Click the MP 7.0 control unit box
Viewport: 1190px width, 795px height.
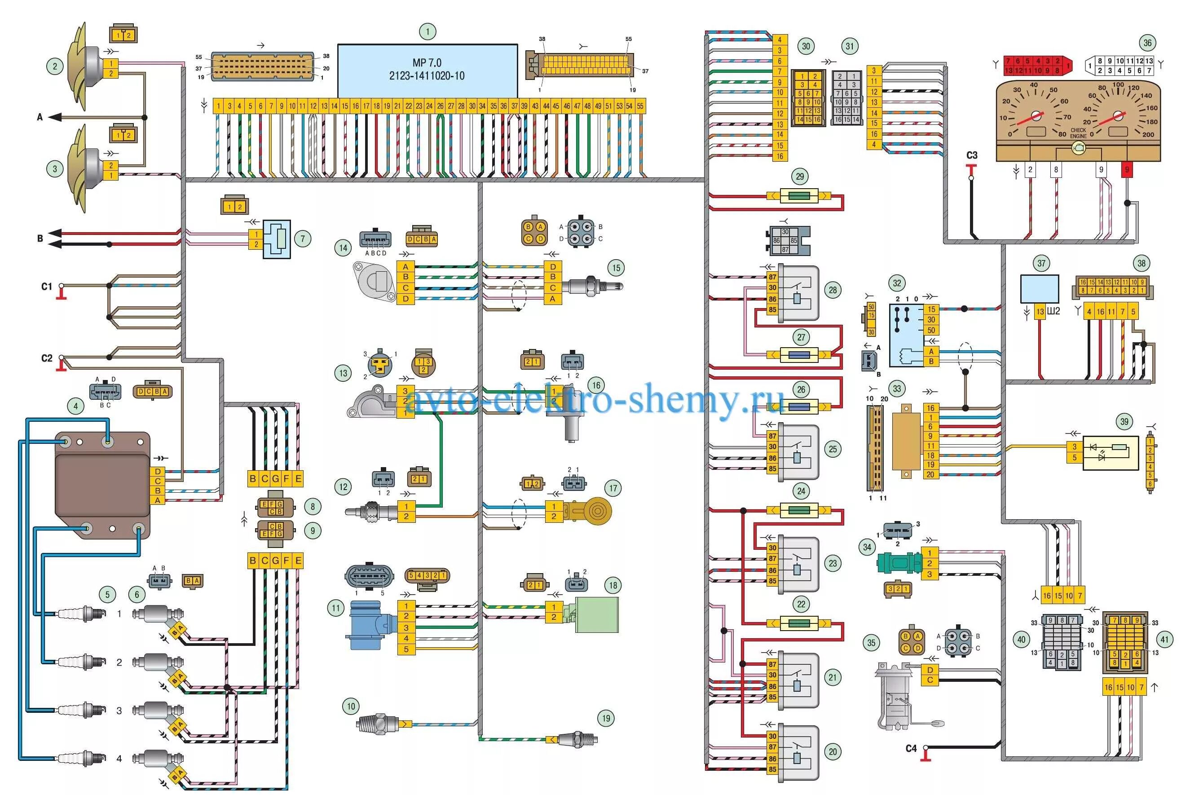(427, 70)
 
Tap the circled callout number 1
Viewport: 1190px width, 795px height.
(427, 31)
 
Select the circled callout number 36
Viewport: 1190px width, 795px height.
(1147, 43)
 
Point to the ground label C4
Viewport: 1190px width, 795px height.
(911, 748)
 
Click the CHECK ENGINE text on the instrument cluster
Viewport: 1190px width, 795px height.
(1078, 133)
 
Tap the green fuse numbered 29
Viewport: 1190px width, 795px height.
(799, 196)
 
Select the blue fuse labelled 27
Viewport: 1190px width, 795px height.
(799, 355)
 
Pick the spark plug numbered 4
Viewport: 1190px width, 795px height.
(82, 758)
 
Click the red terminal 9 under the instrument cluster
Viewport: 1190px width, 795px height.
(1127, 169)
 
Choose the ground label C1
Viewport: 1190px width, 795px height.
(47, 287)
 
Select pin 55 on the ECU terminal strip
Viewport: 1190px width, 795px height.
(640, 106)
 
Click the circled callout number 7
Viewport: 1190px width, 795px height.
(303, 238)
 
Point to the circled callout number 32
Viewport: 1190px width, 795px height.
(897, 283)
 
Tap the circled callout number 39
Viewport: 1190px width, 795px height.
(1124, 421)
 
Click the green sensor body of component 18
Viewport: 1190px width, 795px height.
(598, 614)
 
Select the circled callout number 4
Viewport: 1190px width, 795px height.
(75, 406)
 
